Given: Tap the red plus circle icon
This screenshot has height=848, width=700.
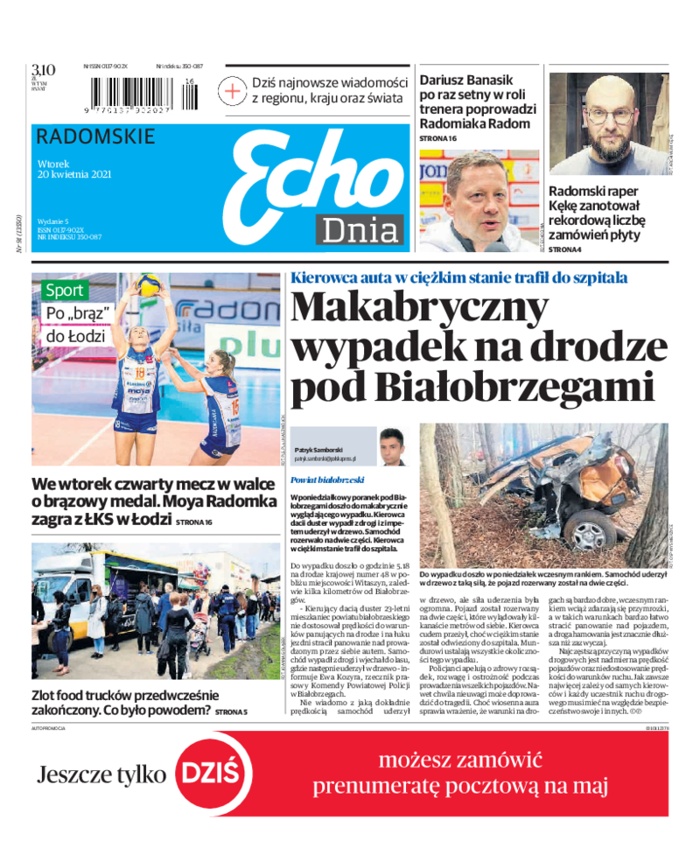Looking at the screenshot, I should pos(233,90).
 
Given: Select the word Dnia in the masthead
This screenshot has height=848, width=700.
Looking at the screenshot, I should pos(360,229).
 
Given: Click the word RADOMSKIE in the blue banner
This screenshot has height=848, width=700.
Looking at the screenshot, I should pos(97,137).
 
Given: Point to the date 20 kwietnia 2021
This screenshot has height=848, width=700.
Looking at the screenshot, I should pos(74,173).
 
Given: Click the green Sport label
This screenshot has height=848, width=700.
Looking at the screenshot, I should pos(65,291).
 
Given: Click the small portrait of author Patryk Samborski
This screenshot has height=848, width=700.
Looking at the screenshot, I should pos(391,446).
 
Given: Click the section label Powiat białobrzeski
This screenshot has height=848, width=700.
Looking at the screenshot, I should pos(329,480).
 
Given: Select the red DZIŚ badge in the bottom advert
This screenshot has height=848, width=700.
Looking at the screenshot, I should pos(208,774).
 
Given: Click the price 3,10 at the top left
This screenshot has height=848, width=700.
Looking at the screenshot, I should pos(43,70).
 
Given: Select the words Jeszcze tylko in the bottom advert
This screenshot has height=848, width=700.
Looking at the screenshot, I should pos(101,774).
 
